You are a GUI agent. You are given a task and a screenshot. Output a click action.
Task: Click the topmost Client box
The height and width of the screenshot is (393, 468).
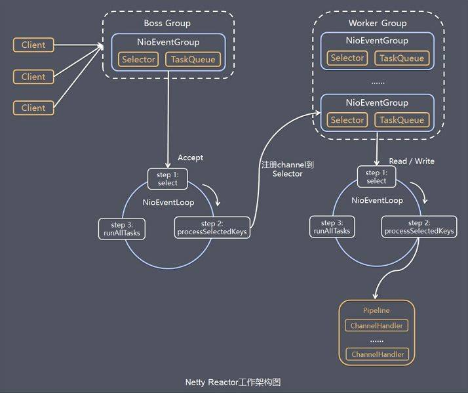[33, 45]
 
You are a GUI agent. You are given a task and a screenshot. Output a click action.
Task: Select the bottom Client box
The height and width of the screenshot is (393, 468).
[33, 108]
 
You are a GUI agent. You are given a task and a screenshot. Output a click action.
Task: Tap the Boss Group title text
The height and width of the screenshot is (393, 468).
[167, 23]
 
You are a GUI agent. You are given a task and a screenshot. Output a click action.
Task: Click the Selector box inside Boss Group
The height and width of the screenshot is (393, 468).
[138, 60]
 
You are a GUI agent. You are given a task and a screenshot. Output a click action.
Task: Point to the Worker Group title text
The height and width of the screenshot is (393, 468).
[377, 23]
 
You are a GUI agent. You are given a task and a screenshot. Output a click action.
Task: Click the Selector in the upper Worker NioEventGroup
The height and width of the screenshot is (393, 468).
[347, 58]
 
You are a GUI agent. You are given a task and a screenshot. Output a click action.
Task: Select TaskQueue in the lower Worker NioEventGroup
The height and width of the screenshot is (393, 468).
[402, 120]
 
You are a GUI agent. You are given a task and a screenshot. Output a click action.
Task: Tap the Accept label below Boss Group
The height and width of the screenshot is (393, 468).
[190, 157]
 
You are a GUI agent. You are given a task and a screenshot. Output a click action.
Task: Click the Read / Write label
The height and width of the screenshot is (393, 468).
[411, 161]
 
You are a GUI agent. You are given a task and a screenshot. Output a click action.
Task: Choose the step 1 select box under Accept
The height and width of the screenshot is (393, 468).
[168, 178]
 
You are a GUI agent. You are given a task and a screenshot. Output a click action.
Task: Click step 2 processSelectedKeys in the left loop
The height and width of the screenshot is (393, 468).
[212, 228]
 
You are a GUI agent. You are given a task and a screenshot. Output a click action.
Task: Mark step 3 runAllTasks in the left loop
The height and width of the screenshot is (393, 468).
[121, 228]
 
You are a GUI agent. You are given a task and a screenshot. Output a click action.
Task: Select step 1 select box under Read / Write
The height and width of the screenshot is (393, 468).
[376, 176]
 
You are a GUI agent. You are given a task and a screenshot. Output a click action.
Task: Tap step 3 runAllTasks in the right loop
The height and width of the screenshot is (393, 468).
[333, 227]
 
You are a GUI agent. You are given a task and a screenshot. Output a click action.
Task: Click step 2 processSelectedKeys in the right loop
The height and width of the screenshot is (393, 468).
[419, 227]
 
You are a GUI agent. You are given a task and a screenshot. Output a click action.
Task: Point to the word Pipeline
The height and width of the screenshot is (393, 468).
[376, 310]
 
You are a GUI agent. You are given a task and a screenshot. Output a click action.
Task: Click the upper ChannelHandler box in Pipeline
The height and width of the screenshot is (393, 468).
[376, 325]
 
